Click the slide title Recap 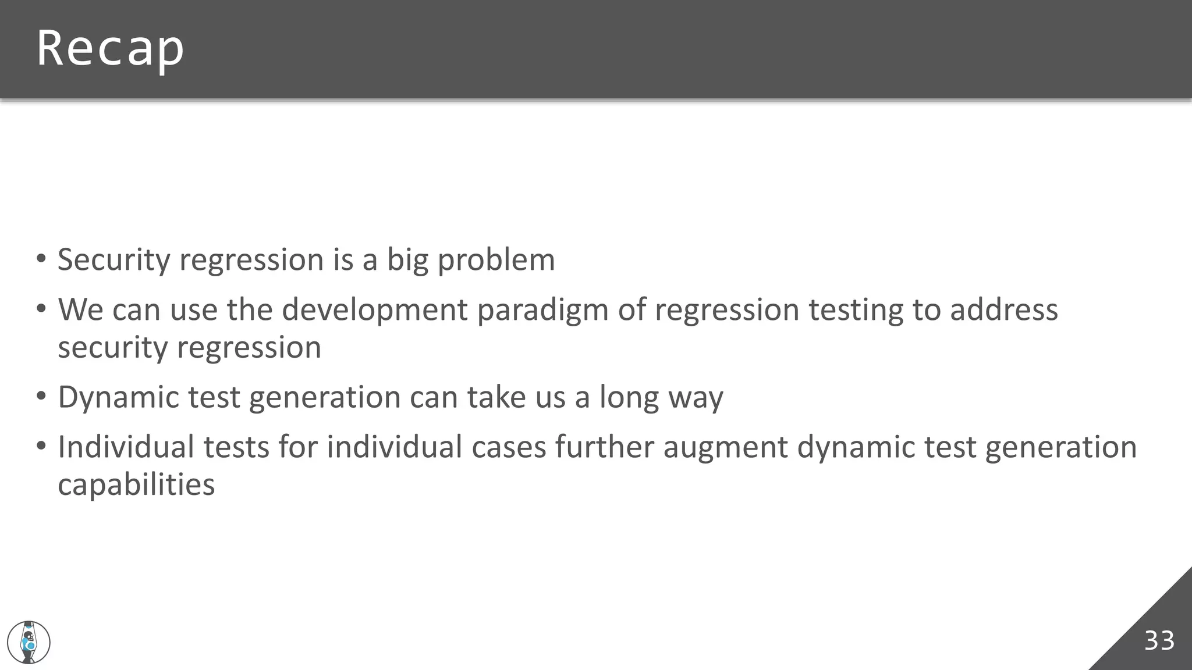point(110,49)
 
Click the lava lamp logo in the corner point(29,642)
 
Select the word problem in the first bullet point(496,260)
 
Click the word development point(374,310)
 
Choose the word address point(1003,310)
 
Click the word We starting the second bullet point(80,310)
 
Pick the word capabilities point(136,485)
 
